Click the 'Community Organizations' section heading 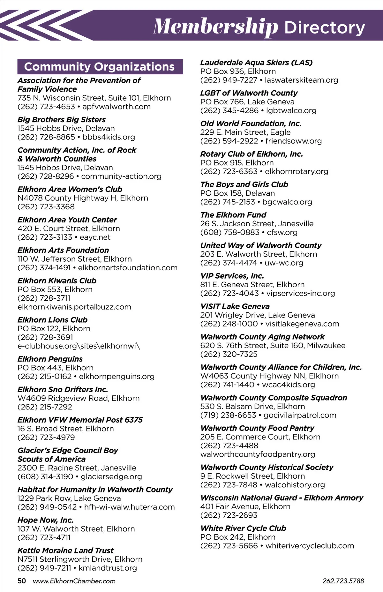(x=100, y=67)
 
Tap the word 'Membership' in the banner (x=216, y=26)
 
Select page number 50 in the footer (x=22, y=581)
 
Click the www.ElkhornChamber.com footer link (x=74, y=581)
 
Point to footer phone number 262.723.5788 (x=343, y=581)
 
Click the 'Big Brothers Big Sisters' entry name (x=62, y=120)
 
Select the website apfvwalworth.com (x=116, y=107)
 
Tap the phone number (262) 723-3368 (x=46, y=207)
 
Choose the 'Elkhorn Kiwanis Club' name (x=57, y=281)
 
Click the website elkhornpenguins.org (x=116, y=377)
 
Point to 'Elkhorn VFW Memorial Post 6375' (x=80, y=420)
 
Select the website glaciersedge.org (x=111, y=477)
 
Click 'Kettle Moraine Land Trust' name (x=65, y=551)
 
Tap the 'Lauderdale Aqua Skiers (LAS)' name (x=256, y=63)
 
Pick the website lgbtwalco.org (x=291, y=111)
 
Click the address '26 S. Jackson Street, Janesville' (x=257, y=224)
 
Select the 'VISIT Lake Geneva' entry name (x=235, y=306)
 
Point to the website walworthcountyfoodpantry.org (x=258, y=454)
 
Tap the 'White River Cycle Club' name (x=243, y=528)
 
